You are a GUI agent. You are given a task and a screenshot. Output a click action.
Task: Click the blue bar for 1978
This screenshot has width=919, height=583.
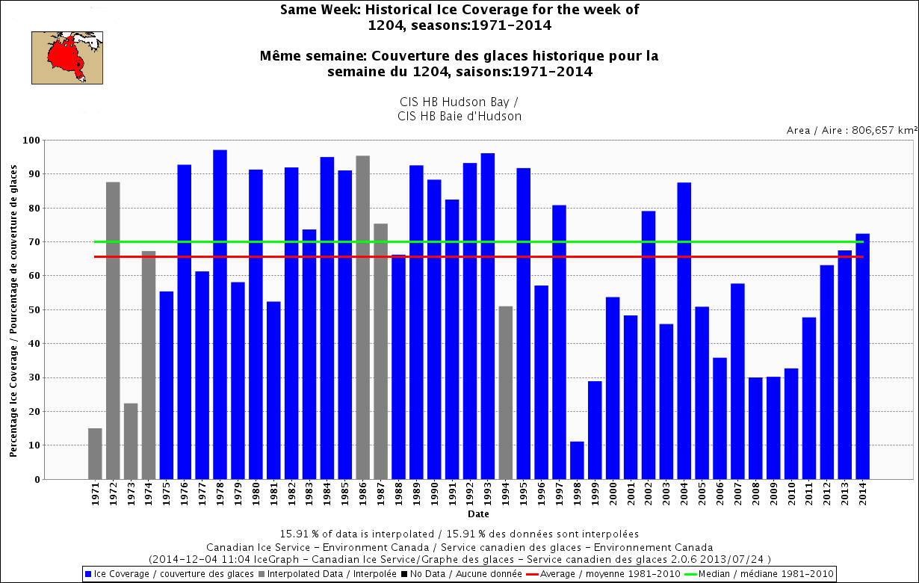pyautogui.click(x=220, y=314)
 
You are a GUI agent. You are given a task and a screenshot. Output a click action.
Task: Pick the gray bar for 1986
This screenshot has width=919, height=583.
pyautogui.click(x=362, y=317)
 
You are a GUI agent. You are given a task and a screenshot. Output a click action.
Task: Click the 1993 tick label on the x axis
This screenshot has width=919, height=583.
pyautogui.click(x=488, y=496)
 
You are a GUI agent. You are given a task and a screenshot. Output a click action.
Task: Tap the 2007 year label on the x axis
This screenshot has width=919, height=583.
pyautogui.click(x=737, y=496)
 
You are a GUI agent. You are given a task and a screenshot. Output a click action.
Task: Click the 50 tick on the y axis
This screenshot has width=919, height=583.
pyautogui.click(x=34, y=310)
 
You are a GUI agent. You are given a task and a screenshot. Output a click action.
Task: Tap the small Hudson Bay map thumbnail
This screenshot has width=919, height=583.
pyautogui.click(x=66, y=57)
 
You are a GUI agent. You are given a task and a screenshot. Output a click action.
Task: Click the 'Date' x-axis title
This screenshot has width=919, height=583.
pyautogui.click(x=478, y=514)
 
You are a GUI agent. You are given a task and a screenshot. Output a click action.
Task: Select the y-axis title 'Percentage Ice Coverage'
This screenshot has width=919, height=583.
pyautogui.click(x=13, y=310)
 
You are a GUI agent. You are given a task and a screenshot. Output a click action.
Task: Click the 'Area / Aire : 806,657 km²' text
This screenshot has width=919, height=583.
pyautogui.click(x=850, y=130)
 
